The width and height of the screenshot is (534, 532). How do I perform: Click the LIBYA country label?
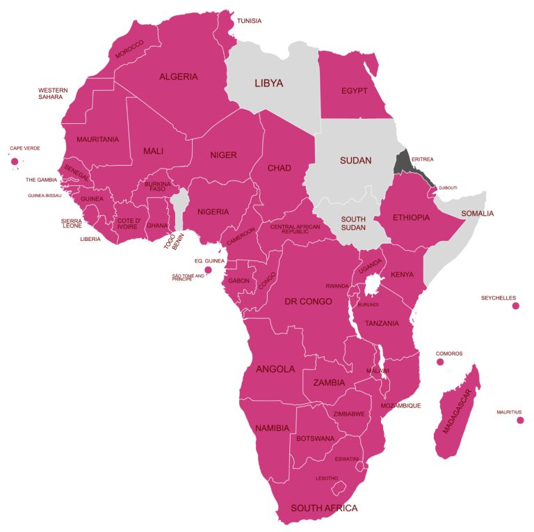pyautogui.click(x=268, y=83)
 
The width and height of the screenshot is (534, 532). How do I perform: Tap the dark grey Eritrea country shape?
pyautogui.click(x=402, y=163)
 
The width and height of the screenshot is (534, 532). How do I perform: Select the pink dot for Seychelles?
pyautogui.click(x=515, y=306)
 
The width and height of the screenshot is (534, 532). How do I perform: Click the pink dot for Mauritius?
pyautogui.click(x=519, y=420)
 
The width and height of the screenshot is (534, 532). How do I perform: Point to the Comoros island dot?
pyautogui.click(x=439, y=362)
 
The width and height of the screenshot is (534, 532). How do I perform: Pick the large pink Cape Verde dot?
pyautogui.click(x=14, y=162)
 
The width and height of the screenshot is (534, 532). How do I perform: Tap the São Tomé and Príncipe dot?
pyautogui.click(x=207, y=270)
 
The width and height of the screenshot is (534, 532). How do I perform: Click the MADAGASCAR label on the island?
pyautogui.click(x=457, y=410)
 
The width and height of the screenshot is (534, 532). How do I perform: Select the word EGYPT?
pyautogui.click(x=354, y=91)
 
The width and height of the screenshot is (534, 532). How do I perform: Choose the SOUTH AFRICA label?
pyautogui.click(x=324, y=508)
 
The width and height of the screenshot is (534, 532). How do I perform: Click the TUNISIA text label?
pyautogui.click(x=249, y=21)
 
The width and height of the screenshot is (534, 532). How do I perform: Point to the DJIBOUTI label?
pyautogui.click(x=448, y=187)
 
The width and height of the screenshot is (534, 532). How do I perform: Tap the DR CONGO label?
pyautogui.click(x=308, y=302)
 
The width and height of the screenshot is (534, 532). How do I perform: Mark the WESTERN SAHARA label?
pyautogui.click(x=53, y=93)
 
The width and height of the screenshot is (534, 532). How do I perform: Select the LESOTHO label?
pyautogui.click(x=327, y=478)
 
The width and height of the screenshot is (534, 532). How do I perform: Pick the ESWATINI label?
pyautogui.click(x=346, y=458)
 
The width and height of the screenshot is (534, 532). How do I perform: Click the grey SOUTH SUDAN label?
pyautogui.click(x=353, y=223)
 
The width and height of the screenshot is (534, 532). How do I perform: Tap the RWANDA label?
pyautogui.click(x=337, y=286)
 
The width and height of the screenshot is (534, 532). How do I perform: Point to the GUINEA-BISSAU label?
pyautogui.click(x=44, y=196)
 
